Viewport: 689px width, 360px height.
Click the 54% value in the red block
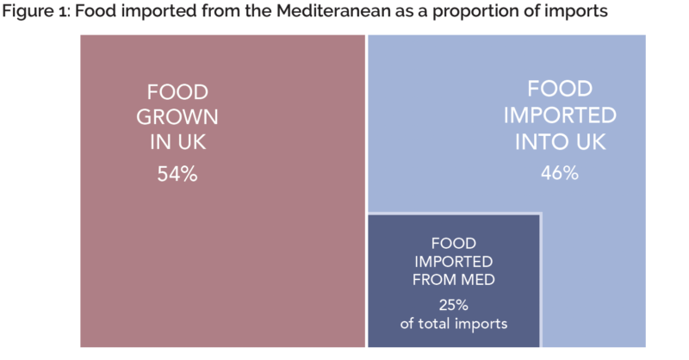(177, 174)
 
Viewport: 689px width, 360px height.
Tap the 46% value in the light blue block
(559, 173)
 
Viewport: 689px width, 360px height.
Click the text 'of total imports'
(453, 324)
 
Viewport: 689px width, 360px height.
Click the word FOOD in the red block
(177, 92)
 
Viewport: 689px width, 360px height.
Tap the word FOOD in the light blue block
(559, 89)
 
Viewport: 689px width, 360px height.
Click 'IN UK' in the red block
(177, 143)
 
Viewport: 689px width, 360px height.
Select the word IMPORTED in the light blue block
(559, 116)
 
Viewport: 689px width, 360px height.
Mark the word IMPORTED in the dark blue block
(453, 261)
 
